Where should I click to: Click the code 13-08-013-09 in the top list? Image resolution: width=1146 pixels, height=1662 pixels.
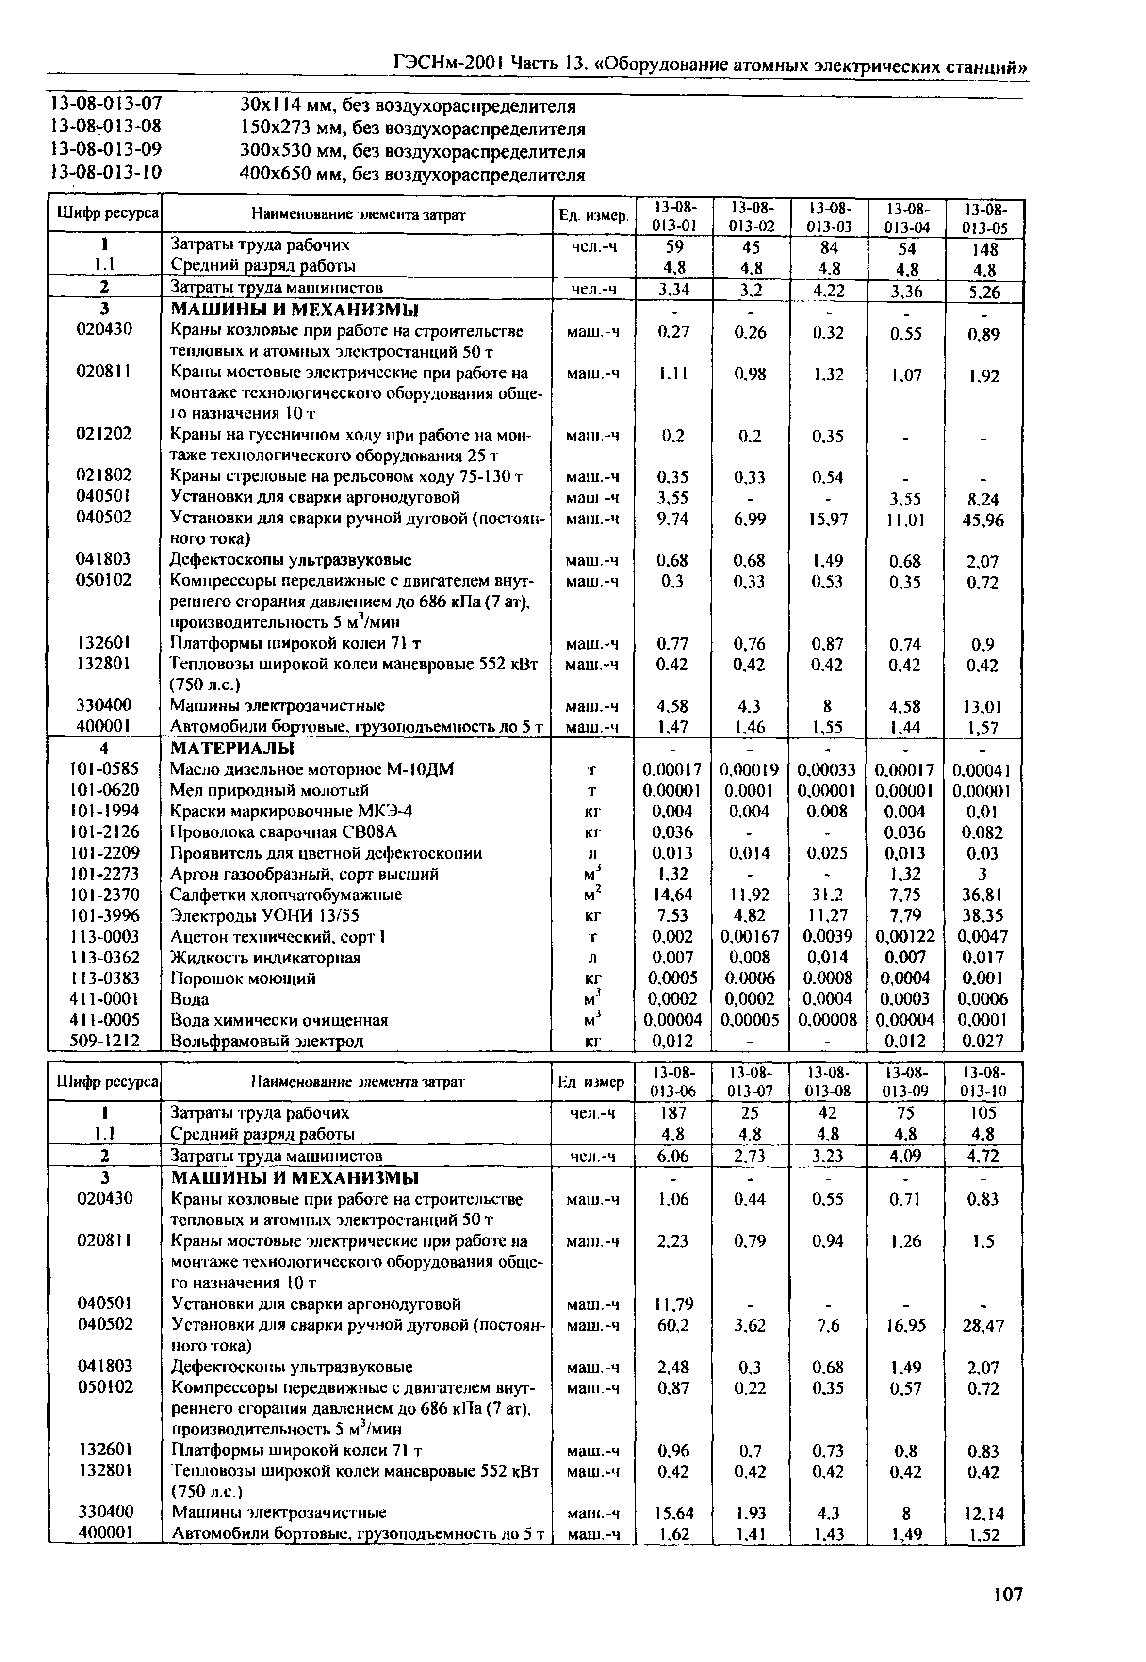(x=106, y=151)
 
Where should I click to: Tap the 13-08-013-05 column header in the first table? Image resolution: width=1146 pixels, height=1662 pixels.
(x=984, y=218)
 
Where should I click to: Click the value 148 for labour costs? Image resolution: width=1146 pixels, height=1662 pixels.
(x=984, y=249)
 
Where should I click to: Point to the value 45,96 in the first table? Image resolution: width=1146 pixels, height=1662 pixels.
(x=984, y=521)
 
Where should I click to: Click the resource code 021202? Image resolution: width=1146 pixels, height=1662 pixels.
(x=104, y=434)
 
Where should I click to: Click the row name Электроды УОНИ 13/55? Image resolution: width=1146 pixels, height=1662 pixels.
(x=264, y=915)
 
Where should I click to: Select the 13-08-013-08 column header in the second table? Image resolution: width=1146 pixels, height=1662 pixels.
(x=829, y=1082)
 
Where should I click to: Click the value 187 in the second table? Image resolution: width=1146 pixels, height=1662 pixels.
(x=673, y=1113)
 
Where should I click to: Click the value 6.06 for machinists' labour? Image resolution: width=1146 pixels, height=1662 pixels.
(x=673, y=1157)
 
